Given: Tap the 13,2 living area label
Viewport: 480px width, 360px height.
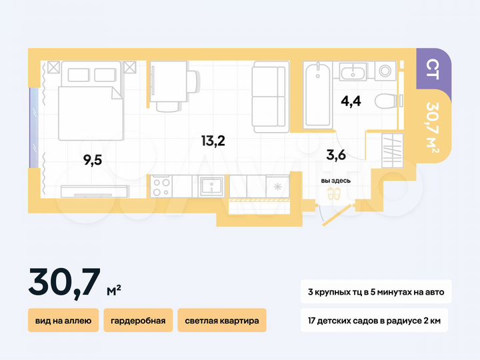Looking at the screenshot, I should (x=214, y=140).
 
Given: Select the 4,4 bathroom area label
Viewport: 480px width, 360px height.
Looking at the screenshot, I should (x=351, y=102).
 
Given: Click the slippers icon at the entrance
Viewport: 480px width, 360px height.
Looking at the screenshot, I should (x=333, y=193).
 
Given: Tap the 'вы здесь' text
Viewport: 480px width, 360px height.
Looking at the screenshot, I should (x=335, y=180).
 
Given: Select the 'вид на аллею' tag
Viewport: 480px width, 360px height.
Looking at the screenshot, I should (x=63, y=320).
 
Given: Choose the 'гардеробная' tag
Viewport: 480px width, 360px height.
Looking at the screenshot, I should (x=138, y=320).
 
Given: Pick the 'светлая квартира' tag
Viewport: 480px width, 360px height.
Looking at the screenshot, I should (x=222, y=320).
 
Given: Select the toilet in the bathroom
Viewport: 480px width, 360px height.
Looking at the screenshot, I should (x=386, y=102).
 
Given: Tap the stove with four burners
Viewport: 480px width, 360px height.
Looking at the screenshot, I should (x=161, y=185).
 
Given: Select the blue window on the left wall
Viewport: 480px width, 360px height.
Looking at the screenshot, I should (x=32, y=126).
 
